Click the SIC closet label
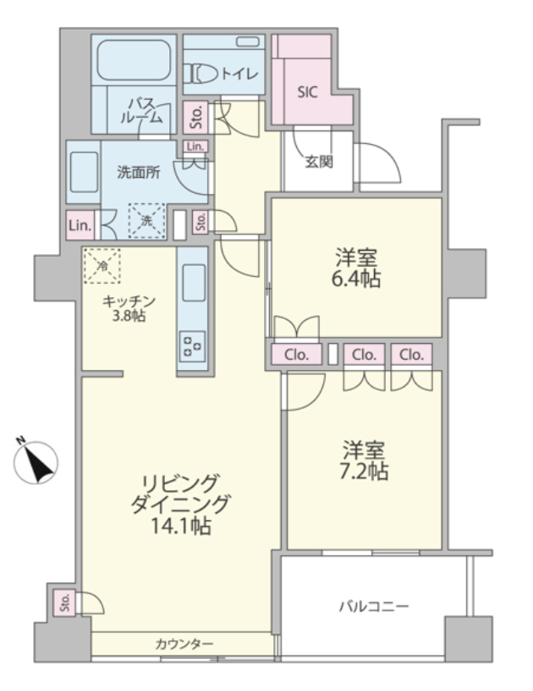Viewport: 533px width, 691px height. tap(307, 92)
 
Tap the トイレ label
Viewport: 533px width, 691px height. tap(239, 74)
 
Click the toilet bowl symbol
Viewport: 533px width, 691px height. tap(201, 74)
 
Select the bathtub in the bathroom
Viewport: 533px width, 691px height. tap(134, 60)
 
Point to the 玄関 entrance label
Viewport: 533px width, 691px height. tap(319, 163)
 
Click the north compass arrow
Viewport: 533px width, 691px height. tap(36, 462)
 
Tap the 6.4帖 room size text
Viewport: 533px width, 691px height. tap(356, 279)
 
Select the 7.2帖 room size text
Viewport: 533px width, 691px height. tap(364, 471)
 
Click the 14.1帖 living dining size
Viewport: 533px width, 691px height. tap(180, 526)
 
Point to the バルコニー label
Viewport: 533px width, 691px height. tap(374, 607)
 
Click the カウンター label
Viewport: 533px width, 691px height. tap(184, 644)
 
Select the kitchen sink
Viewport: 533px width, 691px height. tap(194, 283)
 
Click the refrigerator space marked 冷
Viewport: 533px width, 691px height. tap(102, 266)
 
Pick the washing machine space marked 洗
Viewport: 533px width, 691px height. tap(146, 220)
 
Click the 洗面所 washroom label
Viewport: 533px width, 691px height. tap(139, 173)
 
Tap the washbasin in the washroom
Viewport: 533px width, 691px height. tap(84, 172)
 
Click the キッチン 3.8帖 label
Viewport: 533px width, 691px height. tap(129, 308)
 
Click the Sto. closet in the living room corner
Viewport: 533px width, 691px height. tap(64, 602)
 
